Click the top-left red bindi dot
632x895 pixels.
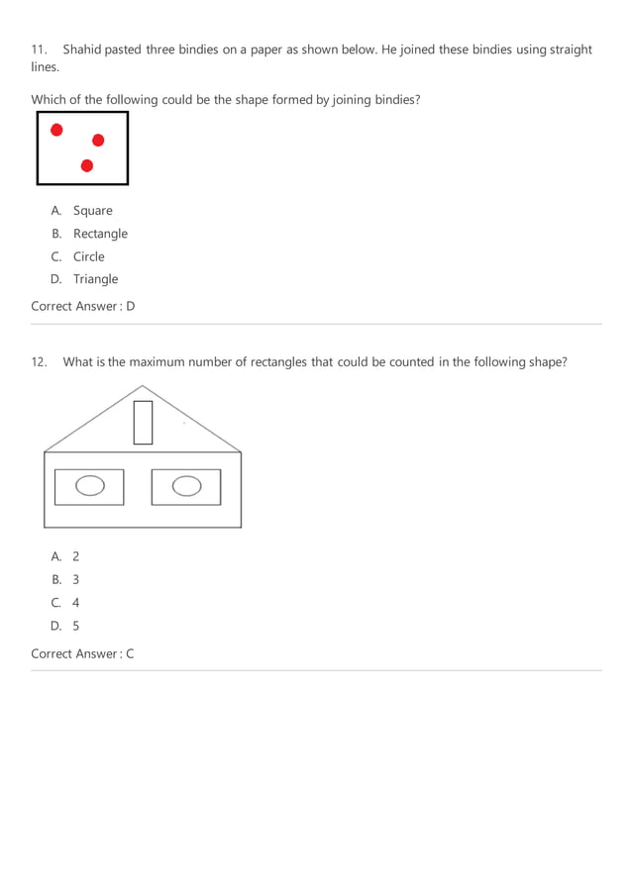(x=56, y=130)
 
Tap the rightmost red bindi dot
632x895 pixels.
(x=98, y=141)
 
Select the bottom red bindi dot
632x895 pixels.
(x=87, y=165)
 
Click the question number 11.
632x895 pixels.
(x=40, y=50)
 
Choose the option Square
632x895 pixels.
(x=92, y=211)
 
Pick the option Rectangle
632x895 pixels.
(x=100, y=234)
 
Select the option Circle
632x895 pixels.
(x=88, y=256)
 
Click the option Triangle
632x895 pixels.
(x=95, y=279)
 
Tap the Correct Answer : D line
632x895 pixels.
(x=82, y=306)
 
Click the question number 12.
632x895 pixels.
(x=40, y=362)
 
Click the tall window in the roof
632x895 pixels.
(x=143, y=423)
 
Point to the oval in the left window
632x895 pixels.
(x=90, y=486)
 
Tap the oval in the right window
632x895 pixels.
(x=185, y=486)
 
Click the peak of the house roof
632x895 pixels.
(x=143, y=386)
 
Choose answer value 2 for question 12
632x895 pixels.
(x=75, y=557)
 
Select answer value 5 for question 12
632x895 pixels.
(x=75, y=626)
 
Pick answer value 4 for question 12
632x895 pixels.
(x=75, y=603)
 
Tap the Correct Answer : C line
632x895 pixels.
(x=82, y=653)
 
